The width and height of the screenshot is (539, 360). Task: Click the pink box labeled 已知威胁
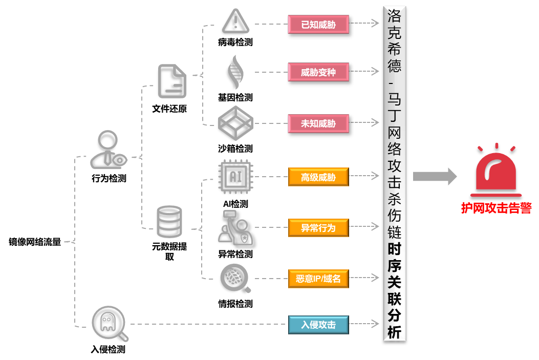pos(318,24)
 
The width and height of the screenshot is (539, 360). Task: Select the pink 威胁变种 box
pos(318,72)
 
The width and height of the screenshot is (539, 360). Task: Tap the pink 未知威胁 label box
pos(318,123)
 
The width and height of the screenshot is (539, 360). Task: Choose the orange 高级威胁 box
pos(318,177)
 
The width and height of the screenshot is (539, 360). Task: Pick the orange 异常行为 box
pos(318,227)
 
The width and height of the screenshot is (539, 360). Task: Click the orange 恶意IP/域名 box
pos(318,279)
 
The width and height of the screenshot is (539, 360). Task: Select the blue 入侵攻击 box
pos(318,325)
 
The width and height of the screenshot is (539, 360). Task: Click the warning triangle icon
pos(235,22)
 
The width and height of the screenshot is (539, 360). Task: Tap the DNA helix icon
pos(234,72)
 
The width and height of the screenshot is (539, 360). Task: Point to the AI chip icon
pos(235,177)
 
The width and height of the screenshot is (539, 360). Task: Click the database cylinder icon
pos(168,222)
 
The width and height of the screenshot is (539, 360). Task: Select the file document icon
pos(171,81)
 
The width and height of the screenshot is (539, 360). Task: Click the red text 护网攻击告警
pos(496,208)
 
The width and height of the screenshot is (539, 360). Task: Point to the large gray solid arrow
pos(435,176)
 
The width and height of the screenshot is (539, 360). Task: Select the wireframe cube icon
pos(235,123)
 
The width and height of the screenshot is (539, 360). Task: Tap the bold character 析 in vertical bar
pos(394,332)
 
